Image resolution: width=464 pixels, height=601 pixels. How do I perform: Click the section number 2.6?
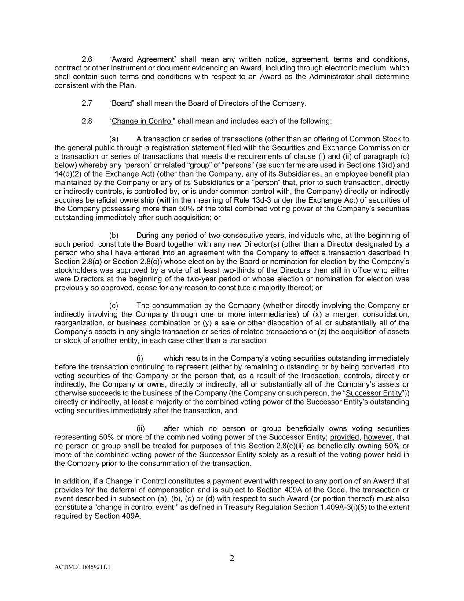pos(87,59)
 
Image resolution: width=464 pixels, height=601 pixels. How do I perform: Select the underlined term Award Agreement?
pos(143,59)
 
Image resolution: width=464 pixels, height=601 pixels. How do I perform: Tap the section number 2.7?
pos(87,103)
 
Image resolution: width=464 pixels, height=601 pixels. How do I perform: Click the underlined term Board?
pos(122,103)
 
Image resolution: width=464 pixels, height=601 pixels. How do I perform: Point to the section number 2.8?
pos(87,121)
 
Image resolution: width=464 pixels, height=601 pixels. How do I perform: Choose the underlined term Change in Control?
pos(142,121)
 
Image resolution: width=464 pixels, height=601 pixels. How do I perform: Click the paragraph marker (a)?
pos(114,139)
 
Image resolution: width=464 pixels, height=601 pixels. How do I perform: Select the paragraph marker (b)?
pos(114,235)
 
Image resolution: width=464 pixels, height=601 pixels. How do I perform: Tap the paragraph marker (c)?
pos(114,306)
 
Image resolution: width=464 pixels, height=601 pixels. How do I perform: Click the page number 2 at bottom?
pos(232,559)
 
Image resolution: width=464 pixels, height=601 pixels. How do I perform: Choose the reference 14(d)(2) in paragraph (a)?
pos(69,174)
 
